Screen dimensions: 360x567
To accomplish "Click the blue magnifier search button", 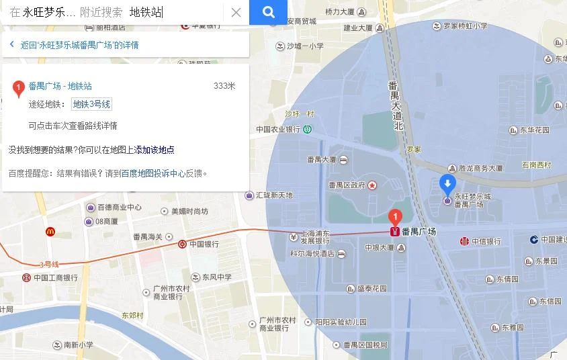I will click(268, 12).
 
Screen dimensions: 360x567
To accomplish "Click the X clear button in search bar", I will click(236, 12).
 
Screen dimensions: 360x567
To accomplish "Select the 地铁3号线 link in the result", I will click(91, 104).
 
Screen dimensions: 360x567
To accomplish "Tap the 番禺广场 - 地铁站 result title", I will click(60, 86).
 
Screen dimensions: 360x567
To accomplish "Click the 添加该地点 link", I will click(155, 150).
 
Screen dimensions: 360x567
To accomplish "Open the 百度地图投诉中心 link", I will click(153, 173).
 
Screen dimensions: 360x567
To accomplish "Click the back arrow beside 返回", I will click(11, 45).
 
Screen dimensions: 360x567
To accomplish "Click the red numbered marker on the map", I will click(396, 217).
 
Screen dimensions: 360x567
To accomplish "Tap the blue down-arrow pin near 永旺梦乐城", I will click(447, 184).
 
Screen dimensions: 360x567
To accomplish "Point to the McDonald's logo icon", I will click(50, 231).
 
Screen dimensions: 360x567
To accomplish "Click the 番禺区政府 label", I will click(347, 185).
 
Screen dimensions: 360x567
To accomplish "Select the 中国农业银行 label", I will click(277, 129).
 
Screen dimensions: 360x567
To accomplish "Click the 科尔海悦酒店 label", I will click(312, 254).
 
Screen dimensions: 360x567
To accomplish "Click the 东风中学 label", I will click(216, 277).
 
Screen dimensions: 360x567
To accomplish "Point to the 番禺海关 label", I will click(148, 236).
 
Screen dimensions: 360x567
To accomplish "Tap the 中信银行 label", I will click(486, 241).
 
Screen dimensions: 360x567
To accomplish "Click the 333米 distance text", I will click(224, 86).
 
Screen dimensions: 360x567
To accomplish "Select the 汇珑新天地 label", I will click(274, 195).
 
